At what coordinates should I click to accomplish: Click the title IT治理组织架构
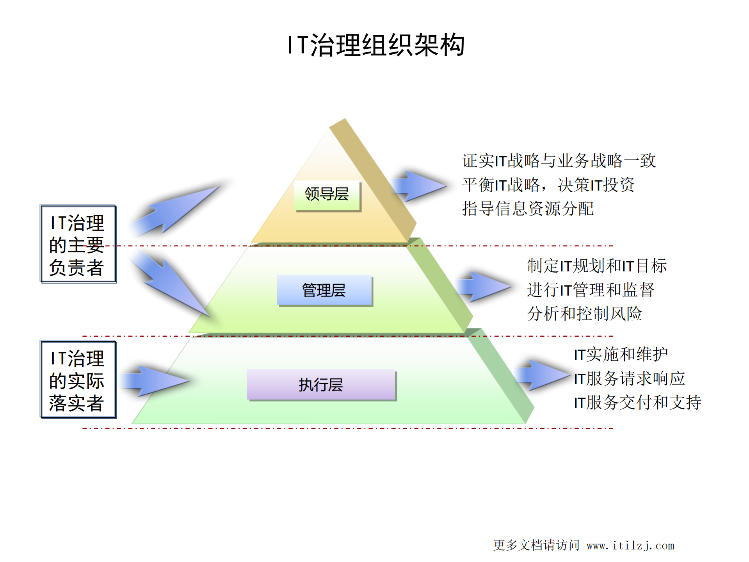coord(375,45)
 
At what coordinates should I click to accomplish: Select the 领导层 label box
coord(327,195)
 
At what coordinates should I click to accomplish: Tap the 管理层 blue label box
coord(324,290)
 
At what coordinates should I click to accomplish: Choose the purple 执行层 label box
coord(321,385)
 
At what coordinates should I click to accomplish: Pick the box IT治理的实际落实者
coord(78,380)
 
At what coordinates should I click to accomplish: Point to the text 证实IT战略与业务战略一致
coord(559,161)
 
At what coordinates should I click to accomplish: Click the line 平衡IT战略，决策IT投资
coord(548,185)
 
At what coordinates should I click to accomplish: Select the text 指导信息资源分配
coord(528,209)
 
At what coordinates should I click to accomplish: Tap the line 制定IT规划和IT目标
coord(596,266)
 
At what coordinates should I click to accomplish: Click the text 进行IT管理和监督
coord(590,290)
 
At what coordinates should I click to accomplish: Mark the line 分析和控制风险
coord(584,314)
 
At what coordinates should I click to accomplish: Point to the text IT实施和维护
coord(621,355)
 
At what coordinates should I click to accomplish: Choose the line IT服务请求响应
coord(629,378)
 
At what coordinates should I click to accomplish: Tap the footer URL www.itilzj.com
coord(630,546)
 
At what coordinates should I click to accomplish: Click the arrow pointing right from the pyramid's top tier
coord(418,186)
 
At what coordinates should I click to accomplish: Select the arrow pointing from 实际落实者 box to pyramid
coord(154,381)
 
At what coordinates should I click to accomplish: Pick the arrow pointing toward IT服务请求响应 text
coord(543,375)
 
